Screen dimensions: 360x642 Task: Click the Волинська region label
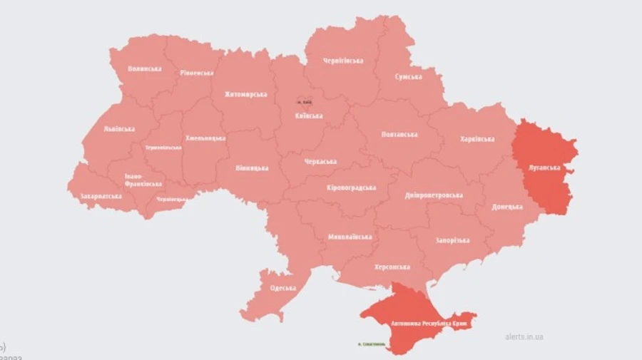click(x=144, y=69)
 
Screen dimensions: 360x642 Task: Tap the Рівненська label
click(x=197, y=73)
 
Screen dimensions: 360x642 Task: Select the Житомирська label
click(x=245, y=94)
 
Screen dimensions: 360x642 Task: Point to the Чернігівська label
click(x=343, y=61)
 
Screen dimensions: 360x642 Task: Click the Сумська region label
click(x=408, y=76)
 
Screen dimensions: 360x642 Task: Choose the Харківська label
click(x=477, y=139)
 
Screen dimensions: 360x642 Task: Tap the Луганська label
click(x=544, y=168)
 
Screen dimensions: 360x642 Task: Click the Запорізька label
click(x=452, y=240)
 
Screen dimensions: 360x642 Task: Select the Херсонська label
click(x=392, y=267)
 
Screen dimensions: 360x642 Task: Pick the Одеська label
click(x=283, y=288)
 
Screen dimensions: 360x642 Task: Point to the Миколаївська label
click(x=350, y=237)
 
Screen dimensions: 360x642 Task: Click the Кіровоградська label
click(x=351, y=187)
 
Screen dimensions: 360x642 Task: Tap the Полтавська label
click(x=399, y=134)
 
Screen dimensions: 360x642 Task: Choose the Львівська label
click(x=118, y=129)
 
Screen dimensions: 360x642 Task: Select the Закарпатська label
click(x=101, y=195)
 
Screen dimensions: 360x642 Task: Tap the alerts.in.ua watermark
click(x=524, y=336)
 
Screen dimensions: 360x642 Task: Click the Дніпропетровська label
click(x=434, y=195)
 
